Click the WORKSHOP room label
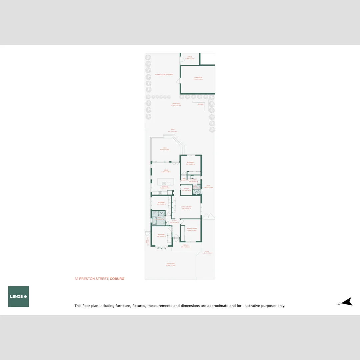point(198,78)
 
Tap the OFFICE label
point(190,57)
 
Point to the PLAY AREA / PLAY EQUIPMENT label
point(164,74)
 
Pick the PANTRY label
point(186,189)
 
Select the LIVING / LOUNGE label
point(186,207)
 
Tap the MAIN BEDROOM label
point(191,228)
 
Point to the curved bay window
point(161,247)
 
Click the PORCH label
point(185,245)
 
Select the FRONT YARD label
point(171,264)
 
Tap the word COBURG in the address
point(117,279)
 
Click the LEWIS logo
point(18,296)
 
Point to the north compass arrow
point(348,302)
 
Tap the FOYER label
point(174,221)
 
